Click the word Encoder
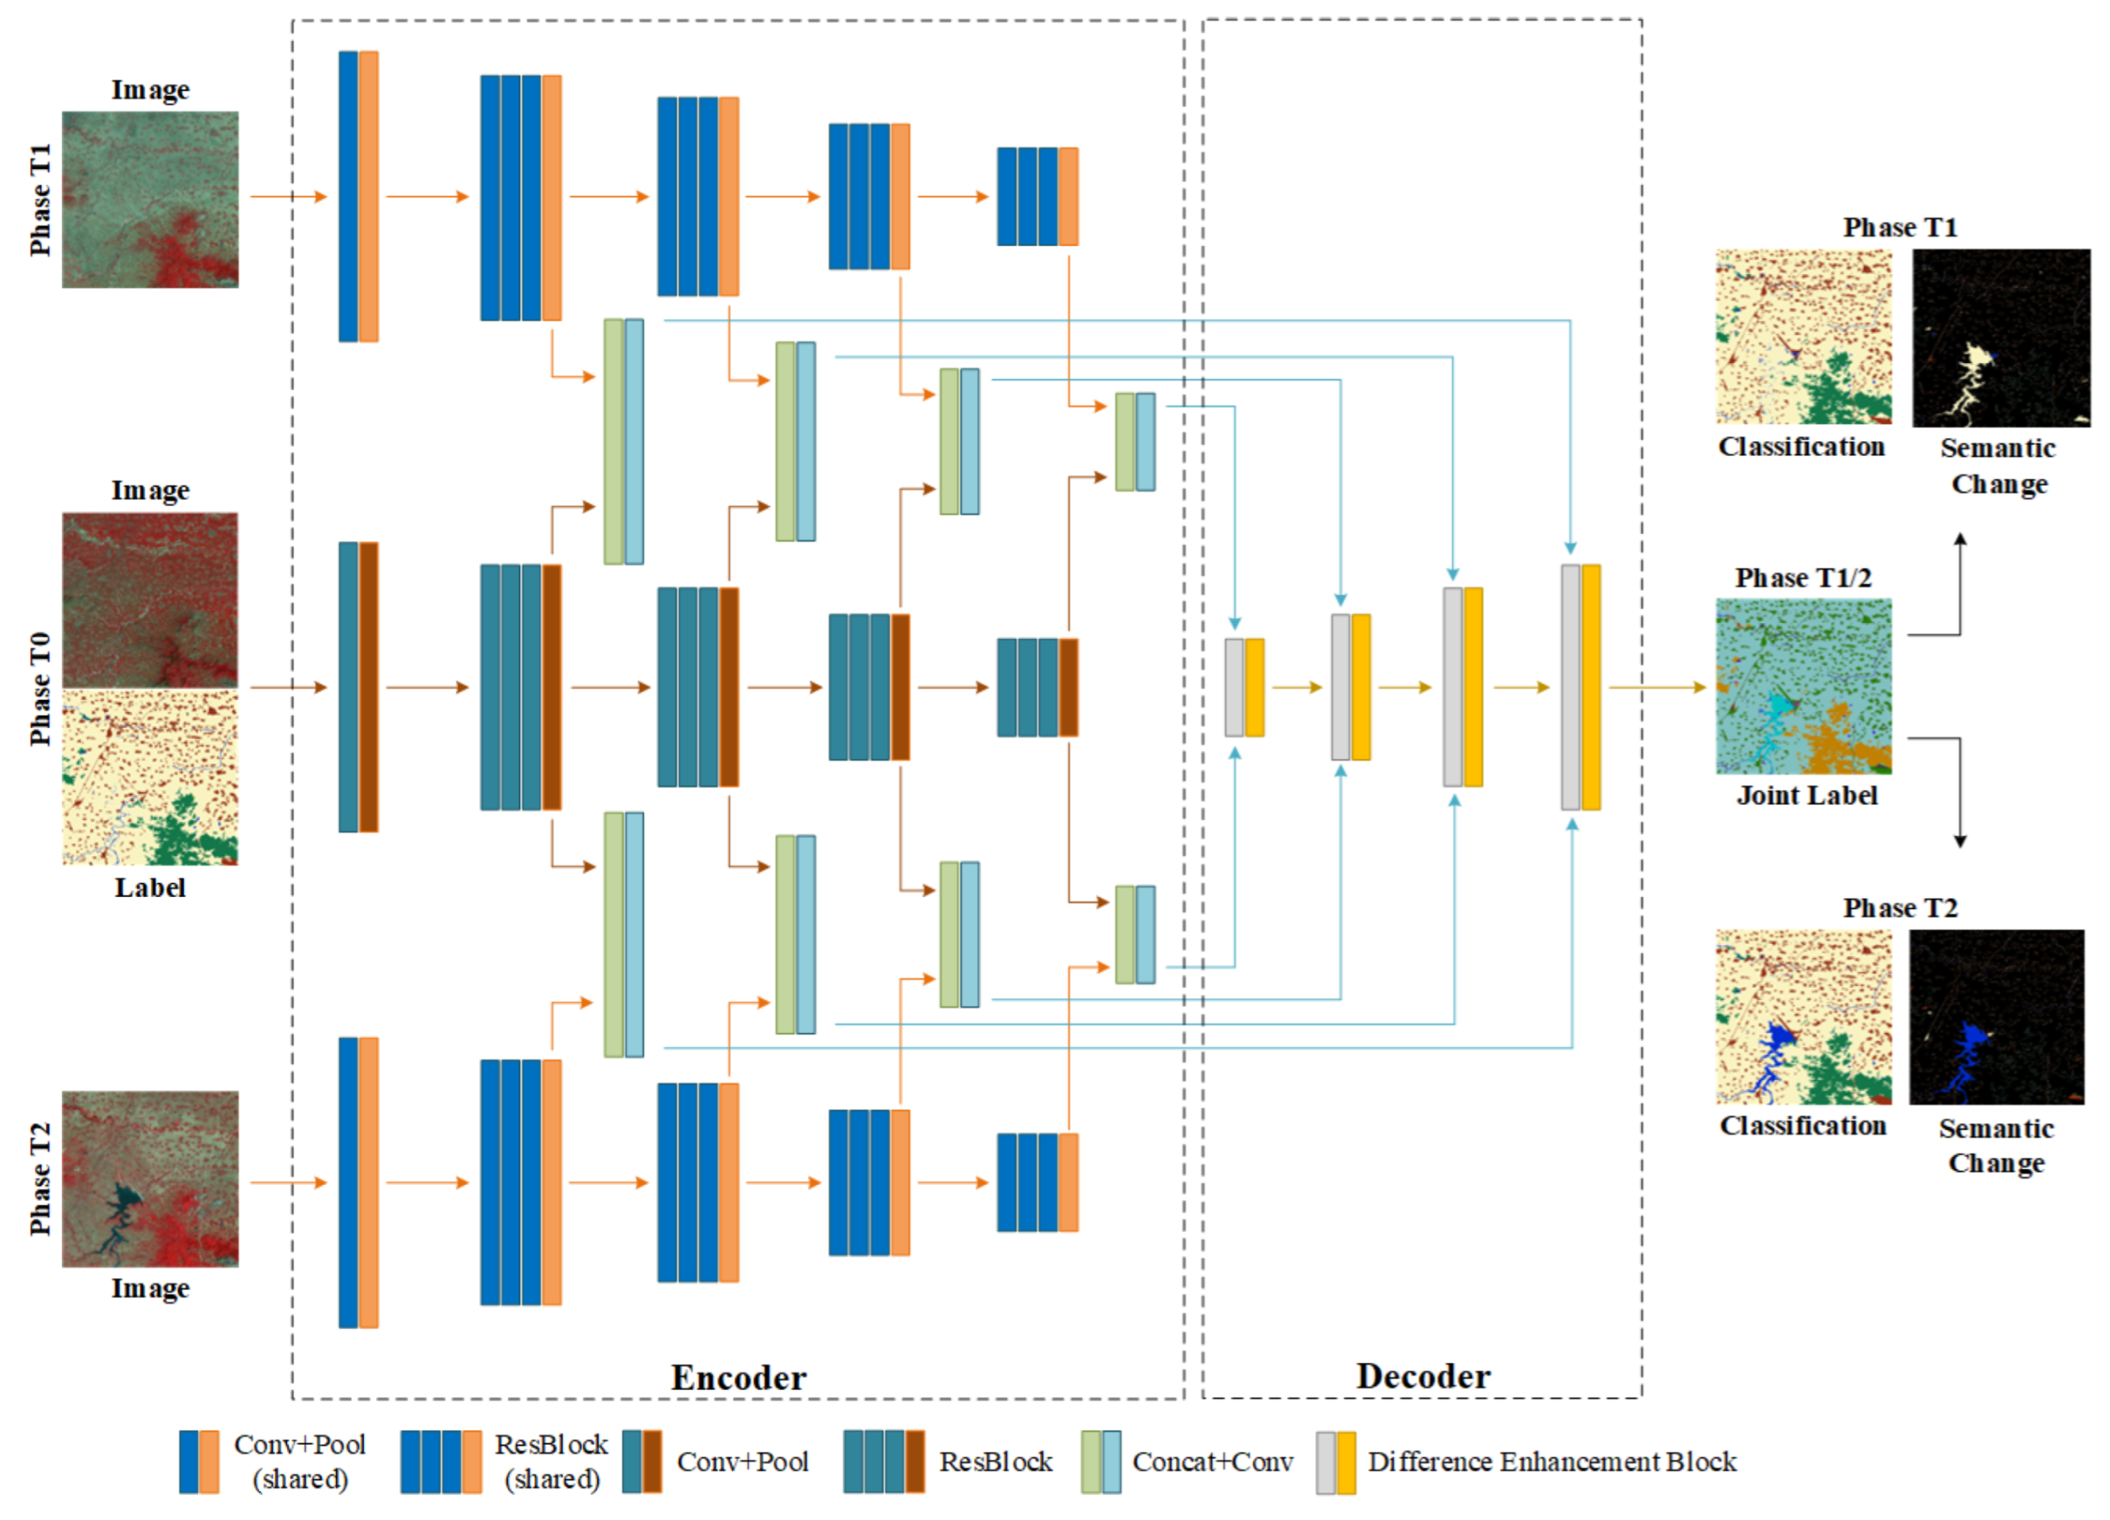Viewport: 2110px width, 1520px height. click(x=738, y=1377)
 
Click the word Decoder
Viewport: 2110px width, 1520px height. click(x=1422, y=1376)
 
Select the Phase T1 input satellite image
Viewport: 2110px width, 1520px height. click(x=150, y=199)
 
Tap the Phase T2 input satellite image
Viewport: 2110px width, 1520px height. click(x=150, y=1178)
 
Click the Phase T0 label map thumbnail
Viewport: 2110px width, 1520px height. click(x=150, y=778)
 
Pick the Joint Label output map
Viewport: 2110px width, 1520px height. click(x=1803, y=686)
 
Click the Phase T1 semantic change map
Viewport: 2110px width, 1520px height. click(x=2000, y=338)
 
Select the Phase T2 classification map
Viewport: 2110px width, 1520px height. click(x=1803, y=1017)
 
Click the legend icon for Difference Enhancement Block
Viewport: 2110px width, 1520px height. click(x=1335, y=1462)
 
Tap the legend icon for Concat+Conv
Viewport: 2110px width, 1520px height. click(x=1101, y=1462)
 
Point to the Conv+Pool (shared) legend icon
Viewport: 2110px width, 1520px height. click(x=199, y=1462)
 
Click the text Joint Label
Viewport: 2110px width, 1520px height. click(x=1807, y=795)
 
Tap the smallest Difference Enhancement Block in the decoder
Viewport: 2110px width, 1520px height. click(x=1244, y=687)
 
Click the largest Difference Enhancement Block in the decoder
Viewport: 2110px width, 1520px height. click(x=1580, y=687)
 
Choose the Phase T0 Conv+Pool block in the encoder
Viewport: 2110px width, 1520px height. click(x=358, y=687)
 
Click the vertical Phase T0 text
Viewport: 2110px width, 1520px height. click(x=40, y=689)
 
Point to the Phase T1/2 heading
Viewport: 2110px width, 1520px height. click(x=1803, y=578)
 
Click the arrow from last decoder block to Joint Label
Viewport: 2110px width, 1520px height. click(x=1656, y=687)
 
